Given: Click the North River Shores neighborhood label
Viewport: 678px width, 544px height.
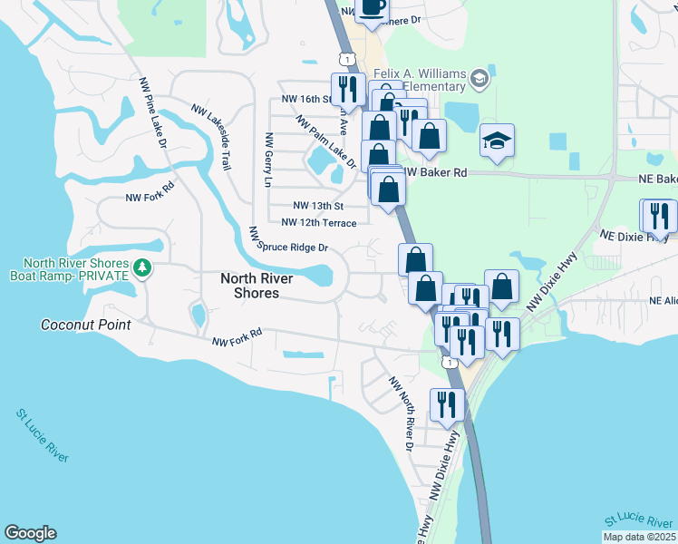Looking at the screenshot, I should [250, 286].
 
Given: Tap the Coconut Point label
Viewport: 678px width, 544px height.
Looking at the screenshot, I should [86, 325].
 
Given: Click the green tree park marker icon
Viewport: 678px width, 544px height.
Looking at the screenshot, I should [142, 267].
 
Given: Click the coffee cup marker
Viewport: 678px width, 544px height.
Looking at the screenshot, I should [371, 7].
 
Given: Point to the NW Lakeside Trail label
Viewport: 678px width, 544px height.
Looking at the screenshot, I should [210, 136].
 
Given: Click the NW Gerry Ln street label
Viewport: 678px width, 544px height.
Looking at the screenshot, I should [267, 160].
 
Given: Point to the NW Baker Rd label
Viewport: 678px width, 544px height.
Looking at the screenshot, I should [435, 171].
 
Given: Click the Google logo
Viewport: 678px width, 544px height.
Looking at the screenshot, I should [30, 533].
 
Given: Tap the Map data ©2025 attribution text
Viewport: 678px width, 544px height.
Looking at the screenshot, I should [639, 537].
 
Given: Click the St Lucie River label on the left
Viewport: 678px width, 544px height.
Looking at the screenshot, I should [43, 436].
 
